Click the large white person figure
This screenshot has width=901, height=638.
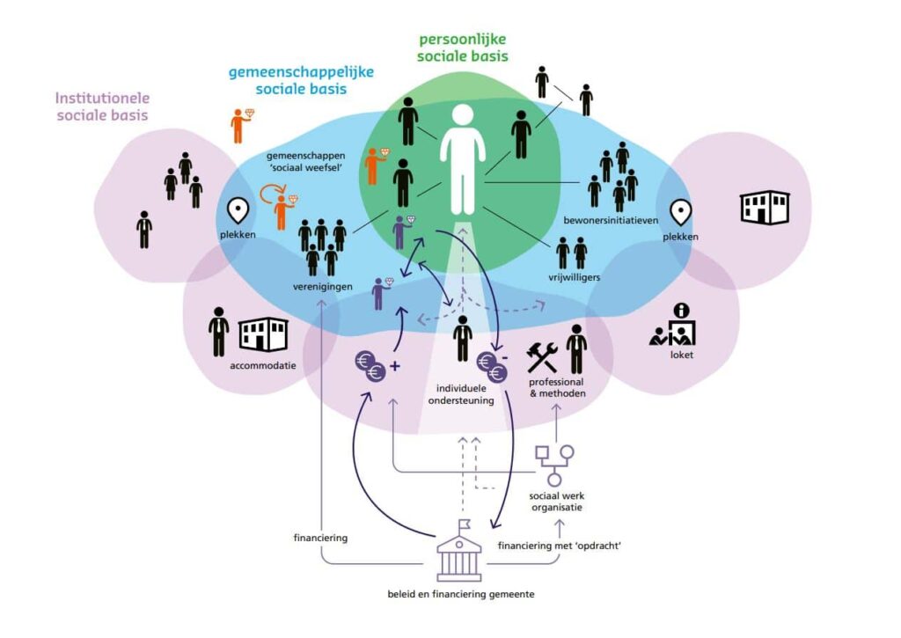(461, 158)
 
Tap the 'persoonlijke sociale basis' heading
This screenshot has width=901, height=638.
(464, 48)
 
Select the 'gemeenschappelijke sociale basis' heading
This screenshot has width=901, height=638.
(288, 81)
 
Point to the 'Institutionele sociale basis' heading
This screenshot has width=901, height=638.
(102, 106)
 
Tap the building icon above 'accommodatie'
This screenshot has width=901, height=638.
(263, 334)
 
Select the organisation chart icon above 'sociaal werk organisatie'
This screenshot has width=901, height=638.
(555, 464)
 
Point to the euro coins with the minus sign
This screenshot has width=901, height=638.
(492, 365)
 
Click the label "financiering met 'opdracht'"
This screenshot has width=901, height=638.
(553, 546)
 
